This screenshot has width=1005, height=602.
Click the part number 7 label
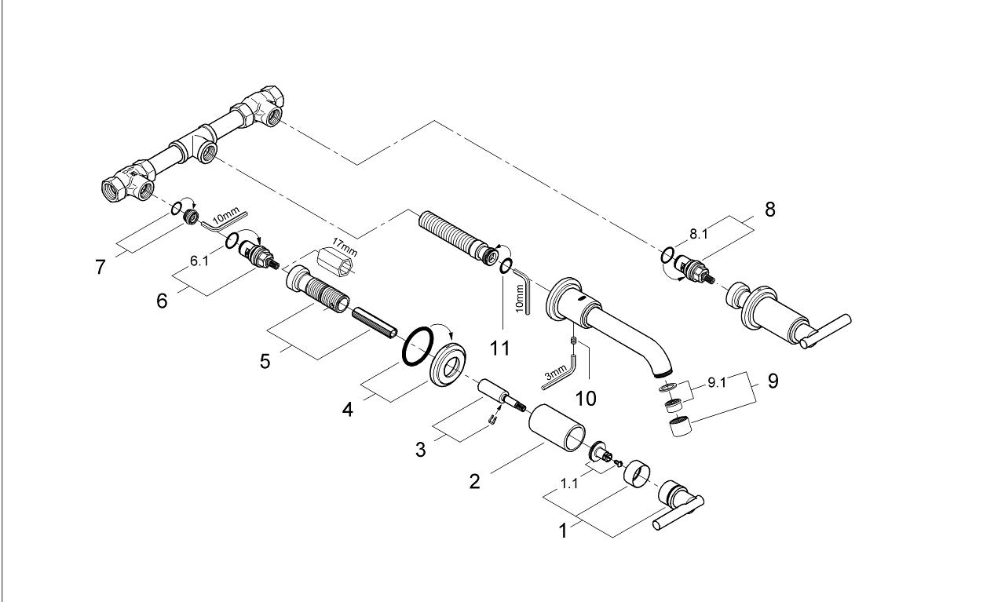(x=100, y=268)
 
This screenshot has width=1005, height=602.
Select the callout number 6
(x=162, y=301)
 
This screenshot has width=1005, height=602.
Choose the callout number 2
(x=474, y=480)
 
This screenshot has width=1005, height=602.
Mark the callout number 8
(x=769, y=211)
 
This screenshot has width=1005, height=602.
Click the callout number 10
(x=586, y=398)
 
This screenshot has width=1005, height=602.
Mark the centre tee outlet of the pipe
(x=208, y=151)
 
